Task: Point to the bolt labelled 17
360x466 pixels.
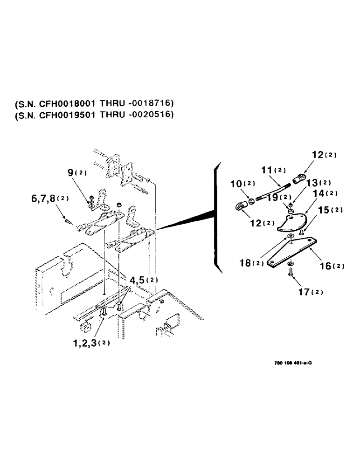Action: (x=291, y=275)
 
